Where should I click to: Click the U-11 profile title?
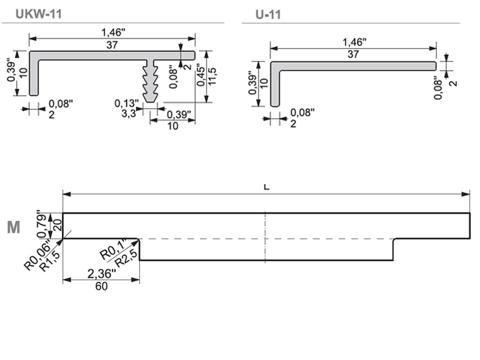268,14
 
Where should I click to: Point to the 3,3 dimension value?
128,112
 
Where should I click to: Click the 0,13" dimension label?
126,103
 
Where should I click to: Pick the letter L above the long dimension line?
266,187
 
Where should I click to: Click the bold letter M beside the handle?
13,227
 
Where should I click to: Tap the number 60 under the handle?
101,286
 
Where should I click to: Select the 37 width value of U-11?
353,54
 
